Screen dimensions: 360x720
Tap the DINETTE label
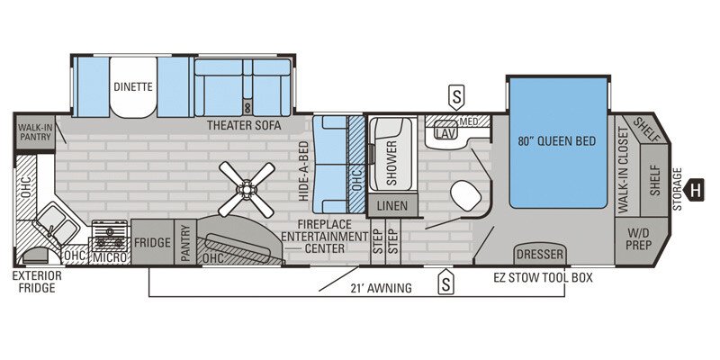tap(132, 87)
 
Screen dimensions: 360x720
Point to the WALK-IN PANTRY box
tap(34, 133)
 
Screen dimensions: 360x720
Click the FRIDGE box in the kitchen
tap(152, 242)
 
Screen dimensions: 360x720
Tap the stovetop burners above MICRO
tap(110, 237)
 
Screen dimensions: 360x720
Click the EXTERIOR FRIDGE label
tap(34, 282)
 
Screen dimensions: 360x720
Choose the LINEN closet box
tap(391, 205)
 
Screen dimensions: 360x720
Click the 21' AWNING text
tap(382, 288)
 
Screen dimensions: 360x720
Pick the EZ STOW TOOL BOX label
tap(543, 278)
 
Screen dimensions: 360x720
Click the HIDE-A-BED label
tap(305, 171)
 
